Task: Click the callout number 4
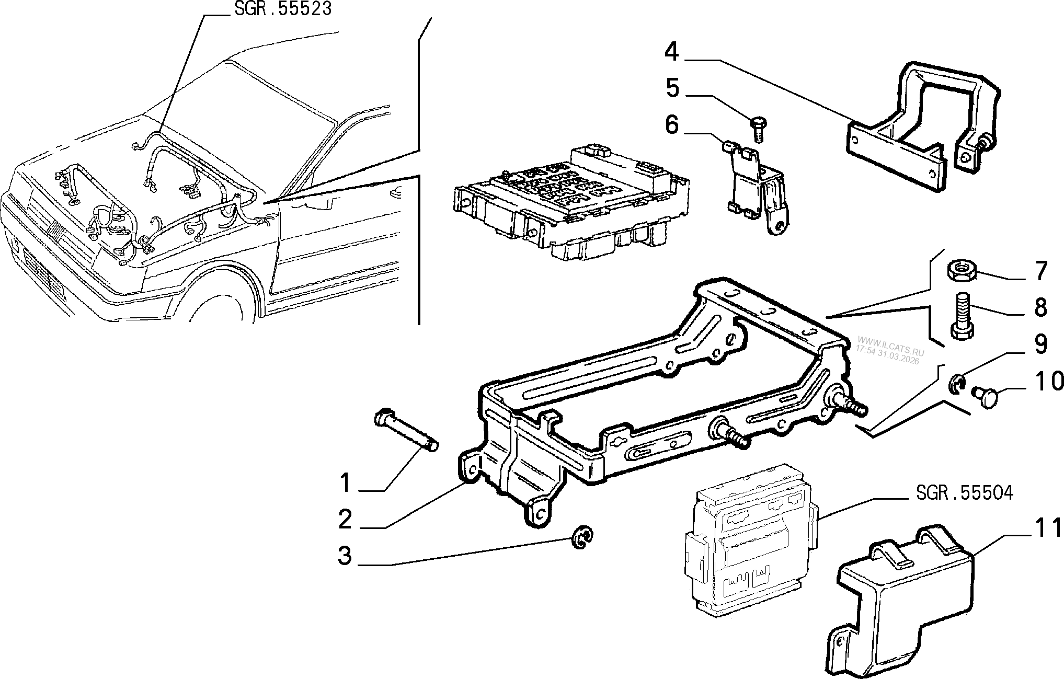click(672, 52)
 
